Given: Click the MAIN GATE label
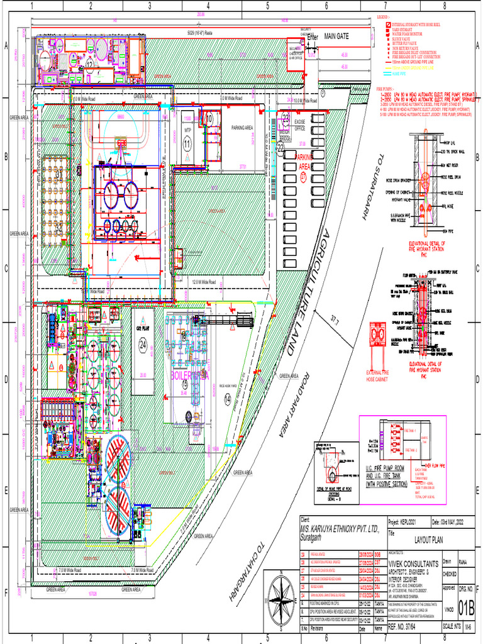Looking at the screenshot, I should click(336, 37).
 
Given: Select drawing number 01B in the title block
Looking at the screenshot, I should click(465, 608).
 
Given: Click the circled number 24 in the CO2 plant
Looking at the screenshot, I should click(143, 344).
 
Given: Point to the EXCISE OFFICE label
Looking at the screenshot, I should click(299, 126).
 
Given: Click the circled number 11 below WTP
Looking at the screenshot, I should click(187, 143).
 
